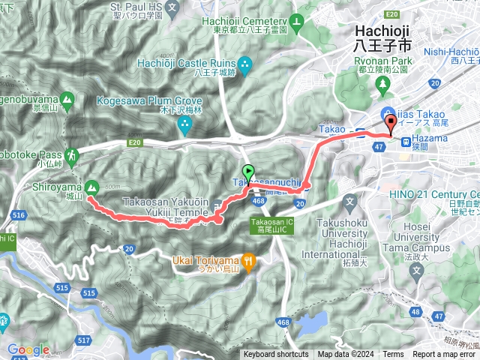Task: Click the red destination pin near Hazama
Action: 390,124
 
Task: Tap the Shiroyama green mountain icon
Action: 92,187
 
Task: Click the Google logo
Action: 28,349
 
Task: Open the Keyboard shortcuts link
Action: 275,355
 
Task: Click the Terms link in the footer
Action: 393,355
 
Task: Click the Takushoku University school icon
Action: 351,201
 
